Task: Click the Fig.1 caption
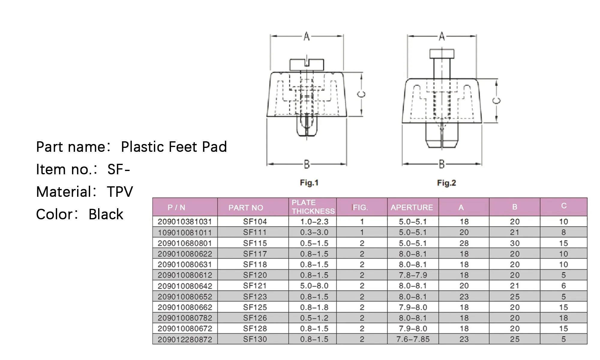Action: (x=309, y=183)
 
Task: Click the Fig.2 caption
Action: (x=446, y=183)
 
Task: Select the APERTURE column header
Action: (x=412, y=207)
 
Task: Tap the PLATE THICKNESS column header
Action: (x=313, y=207)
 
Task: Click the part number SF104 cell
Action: (x=255, y=222)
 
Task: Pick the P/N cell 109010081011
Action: (x=185, y=232)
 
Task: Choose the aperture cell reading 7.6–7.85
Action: (x=413, y=339)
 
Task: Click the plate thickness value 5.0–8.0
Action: (x=314, y=286)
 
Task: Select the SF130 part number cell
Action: (x=255, y=339)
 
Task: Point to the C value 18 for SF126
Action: (x=563, y=318)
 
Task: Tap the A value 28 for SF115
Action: (x=464, y=243)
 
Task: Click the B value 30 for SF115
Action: (x=514, y=243)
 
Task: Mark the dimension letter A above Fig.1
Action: (x=306, y=37)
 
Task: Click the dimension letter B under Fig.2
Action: (x=442, y=164)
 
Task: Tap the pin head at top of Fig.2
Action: (x=442, y=54)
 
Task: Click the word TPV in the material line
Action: (x=120, y=192)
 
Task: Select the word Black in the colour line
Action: (x=106, y=214)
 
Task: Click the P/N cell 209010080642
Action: (x=185, y=286)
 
